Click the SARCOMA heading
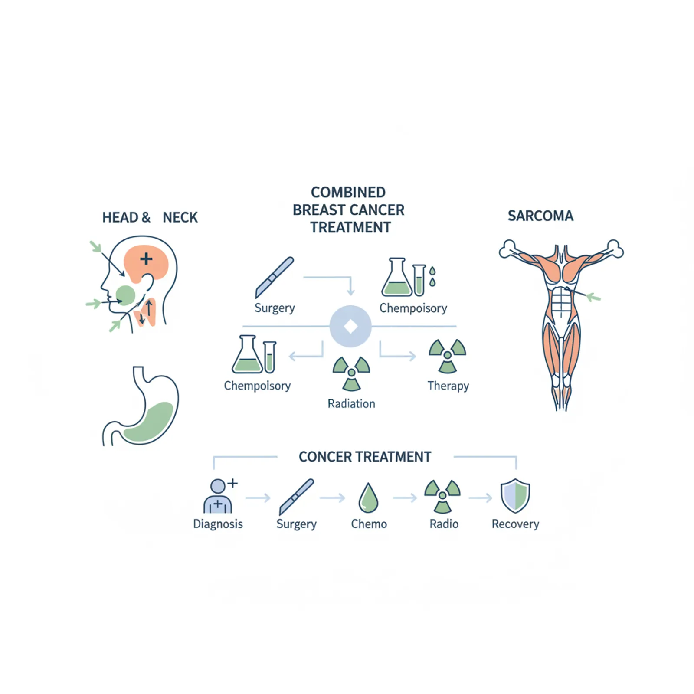540,216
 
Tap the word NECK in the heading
180,217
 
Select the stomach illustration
141,406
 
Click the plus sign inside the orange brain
146,259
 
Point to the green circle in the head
126,295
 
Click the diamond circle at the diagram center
350,326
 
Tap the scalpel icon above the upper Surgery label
274,277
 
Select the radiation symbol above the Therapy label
447,356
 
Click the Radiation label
351,404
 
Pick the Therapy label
448,386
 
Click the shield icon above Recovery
515,496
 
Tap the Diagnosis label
218,524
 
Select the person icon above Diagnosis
220,496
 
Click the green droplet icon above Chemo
369,498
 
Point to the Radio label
444,524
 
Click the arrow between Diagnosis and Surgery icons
258,498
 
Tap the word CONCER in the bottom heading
325,457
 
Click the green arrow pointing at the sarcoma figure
593,297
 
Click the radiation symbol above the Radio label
442,496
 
